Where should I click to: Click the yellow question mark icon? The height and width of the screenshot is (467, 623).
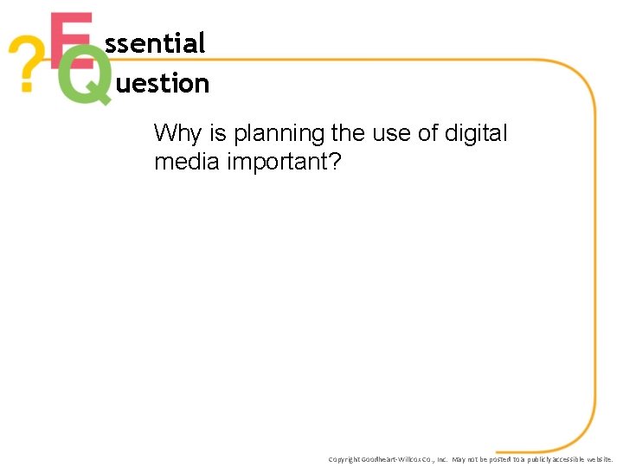25,66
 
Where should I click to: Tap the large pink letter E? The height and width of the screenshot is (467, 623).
69,39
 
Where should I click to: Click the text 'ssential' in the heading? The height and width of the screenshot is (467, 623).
155,42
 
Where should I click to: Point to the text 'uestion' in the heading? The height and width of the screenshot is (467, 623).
162,84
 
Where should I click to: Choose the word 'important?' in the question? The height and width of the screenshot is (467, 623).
286,162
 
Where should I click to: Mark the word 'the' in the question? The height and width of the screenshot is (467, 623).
348,134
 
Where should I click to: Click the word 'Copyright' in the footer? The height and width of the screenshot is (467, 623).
344,459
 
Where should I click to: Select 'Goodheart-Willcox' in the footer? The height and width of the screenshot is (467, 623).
395,459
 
